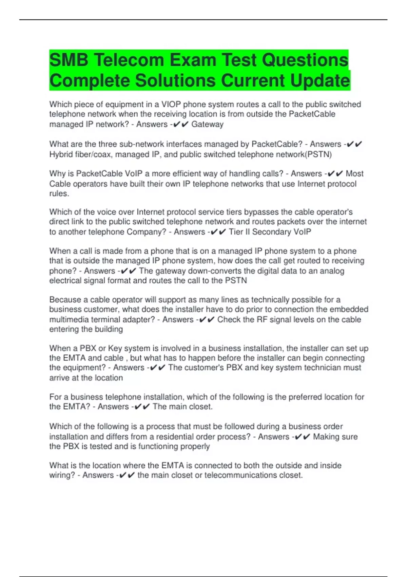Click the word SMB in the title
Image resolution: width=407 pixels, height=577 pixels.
click(69, 60)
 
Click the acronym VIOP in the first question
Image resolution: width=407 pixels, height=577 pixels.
click(171, 105)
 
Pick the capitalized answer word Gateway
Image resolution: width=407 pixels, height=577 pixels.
click(207, 124)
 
